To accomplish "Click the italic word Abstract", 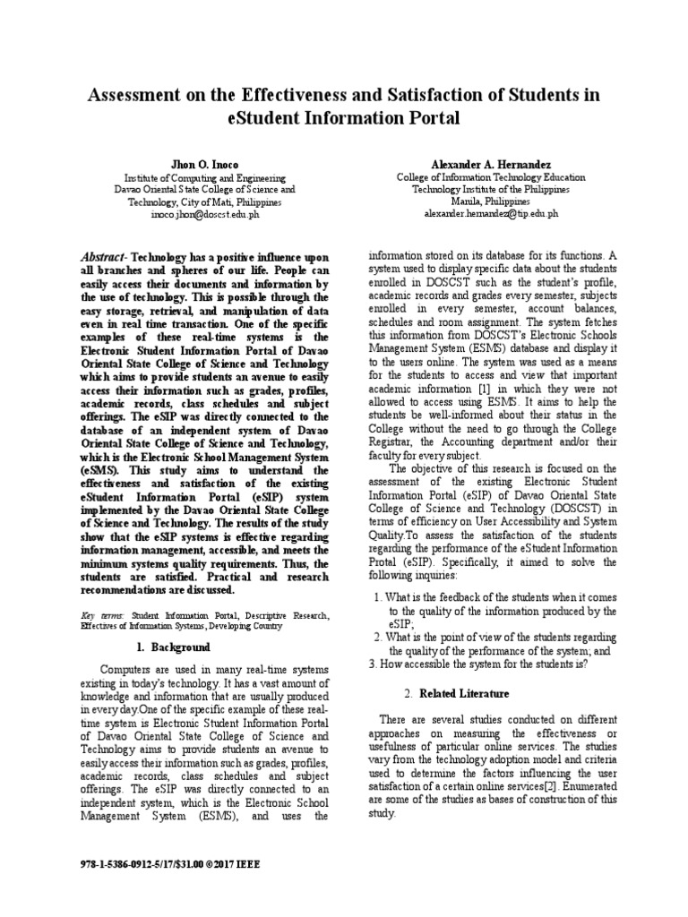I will click(x=131, y=255).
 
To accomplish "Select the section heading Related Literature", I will click(x=464, y=693).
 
